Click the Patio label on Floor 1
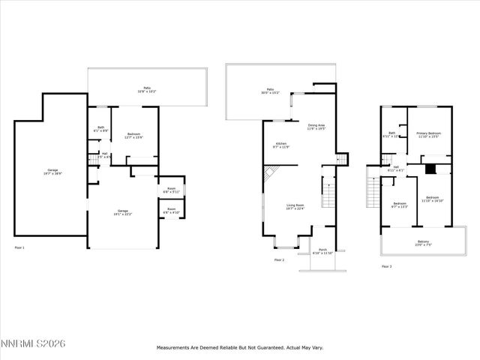coord(148,89)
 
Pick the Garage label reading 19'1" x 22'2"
coord(122,212)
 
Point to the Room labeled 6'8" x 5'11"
coord(172,190)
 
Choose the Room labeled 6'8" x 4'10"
coord(172,211)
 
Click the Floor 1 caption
coord(19,247)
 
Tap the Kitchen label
coord(281,144)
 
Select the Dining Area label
coord(316,127)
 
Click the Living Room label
coord(295,207)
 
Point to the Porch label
coord(322,250)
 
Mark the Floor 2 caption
coord(279,259)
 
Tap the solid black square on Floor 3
coord(430,169)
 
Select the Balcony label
coord(424,242)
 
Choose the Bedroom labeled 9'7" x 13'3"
coord(400,204)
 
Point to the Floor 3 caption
coord(386,266)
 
